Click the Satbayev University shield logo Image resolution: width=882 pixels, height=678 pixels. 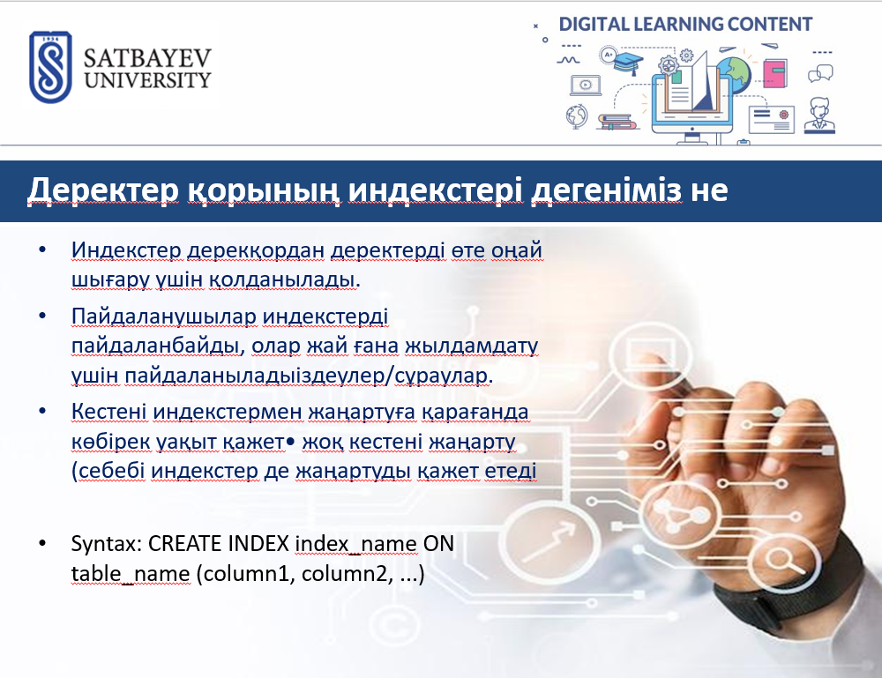pos(50,67)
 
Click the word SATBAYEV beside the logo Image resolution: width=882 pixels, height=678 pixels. pos(147,58)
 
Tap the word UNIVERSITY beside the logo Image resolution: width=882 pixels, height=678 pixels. pos(147,80)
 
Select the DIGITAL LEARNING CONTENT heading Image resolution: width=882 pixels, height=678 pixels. pos(685,24)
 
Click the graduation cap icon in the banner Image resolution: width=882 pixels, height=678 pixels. pos(628,62)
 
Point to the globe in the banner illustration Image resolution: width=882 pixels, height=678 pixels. pos(734,74)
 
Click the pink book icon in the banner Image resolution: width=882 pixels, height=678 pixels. pos(775,73)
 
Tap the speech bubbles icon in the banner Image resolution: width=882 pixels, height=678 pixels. pos(820,73)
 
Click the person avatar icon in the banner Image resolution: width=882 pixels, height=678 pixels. pos(819,115)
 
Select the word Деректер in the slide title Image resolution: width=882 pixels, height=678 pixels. pos(103,190)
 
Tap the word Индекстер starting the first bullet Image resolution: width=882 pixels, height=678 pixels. pos(126,250)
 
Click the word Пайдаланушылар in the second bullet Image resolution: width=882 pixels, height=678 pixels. pos(164,317)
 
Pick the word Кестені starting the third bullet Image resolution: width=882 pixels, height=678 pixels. pos(108,412)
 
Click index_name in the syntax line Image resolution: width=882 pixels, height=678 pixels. pos(355,544)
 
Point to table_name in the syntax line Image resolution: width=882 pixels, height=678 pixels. pos(131,574)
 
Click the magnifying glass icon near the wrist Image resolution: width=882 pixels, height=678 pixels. pos(781,560)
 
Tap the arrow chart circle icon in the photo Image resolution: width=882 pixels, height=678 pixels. pos(549,540)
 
